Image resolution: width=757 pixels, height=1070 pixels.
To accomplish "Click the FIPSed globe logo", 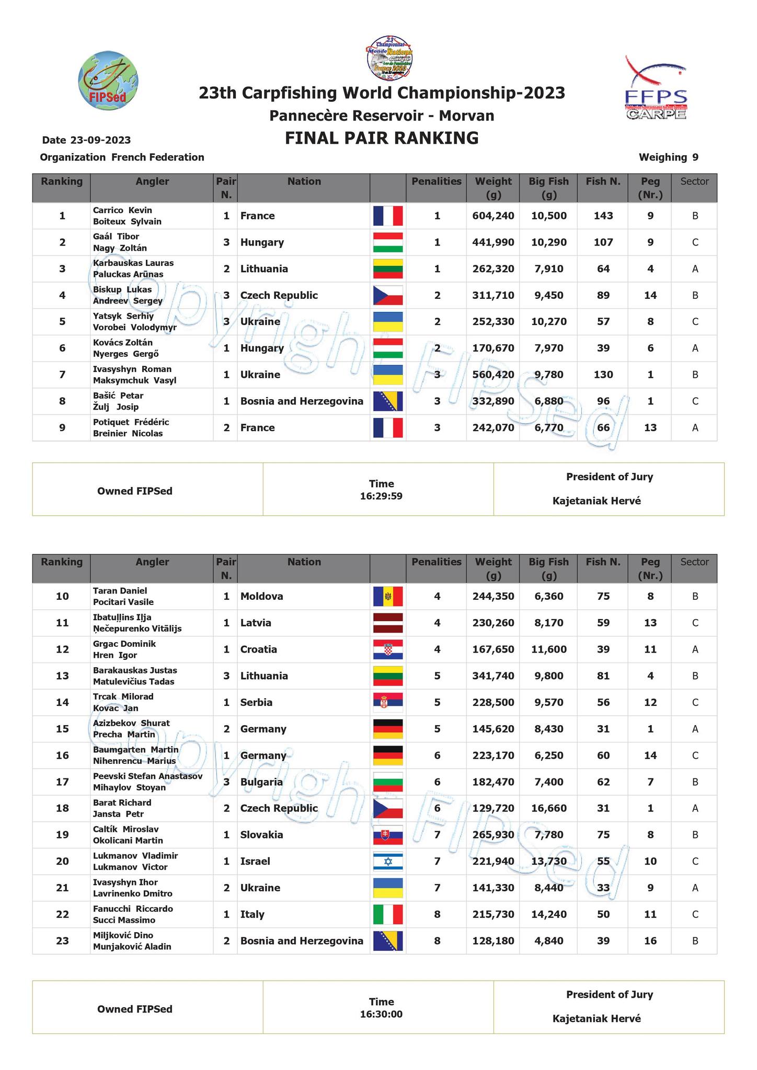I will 108,83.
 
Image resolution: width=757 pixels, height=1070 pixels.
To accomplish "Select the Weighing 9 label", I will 668,157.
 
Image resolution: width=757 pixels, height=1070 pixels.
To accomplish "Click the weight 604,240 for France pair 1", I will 493,216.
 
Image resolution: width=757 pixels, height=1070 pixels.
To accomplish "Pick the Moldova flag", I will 388,596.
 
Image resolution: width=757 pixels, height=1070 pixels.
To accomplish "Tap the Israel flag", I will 388,862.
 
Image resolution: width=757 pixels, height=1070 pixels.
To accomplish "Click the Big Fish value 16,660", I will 548,808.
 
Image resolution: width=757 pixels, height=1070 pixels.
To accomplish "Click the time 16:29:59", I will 381,496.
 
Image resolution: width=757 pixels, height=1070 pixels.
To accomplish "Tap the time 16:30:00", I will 381,1014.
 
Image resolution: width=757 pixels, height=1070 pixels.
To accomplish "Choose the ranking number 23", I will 62,941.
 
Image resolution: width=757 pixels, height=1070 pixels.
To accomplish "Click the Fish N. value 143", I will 603,216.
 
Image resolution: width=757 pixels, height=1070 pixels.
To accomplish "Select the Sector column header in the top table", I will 694,182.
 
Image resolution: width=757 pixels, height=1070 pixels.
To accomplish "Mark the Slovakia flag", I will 388,835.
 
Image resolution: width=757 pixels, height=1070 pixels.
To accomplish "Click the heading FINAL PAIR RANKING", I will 382,138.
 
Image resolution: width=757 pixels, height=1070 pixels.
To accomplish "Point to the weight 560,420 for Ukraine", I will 493,375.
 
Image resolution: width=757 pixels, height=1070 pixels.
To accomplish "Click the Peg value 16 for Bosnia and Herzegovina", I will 650,941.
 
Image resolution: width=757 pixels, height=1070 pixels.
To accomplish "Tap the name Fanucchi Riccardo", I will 133,909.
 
